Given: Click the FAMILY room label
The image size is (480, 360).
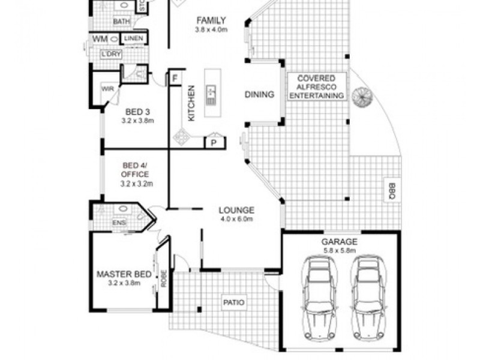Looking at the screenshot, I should coord(211,20).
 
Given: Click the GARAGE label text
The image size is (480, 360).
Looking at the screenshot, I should coord(340,242).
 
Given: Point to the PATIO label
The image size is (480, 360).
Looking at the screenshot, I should coord(234,302).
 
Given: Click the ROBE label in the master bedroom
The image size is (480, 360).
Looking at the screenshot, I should coord(163,278).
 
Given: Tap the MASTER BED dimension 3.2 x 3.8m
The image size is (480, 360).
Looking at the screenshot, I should coord(124,283).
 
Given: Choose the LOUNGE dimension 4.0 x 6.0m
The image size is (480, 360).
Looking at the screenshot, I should coord(236,219).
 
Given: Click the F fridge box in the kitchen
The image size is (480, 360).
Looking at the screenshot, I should coord(175,79).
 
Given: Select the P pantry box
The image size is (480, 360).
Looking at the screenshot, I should coord(213,142).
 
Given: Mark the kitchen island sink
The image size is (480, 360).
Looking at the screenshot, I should coord(212,92).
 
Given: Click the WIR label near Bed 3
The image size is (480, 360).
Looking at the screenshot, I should coord(108,88).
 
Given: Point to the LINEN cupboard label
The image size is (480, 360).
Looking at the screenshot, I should coord(133,39).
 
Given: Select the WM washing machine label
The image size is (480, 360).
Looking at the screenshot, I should coord(98,39).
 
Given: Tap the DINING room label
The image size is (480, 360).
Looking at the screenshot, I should coord(259,95).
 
